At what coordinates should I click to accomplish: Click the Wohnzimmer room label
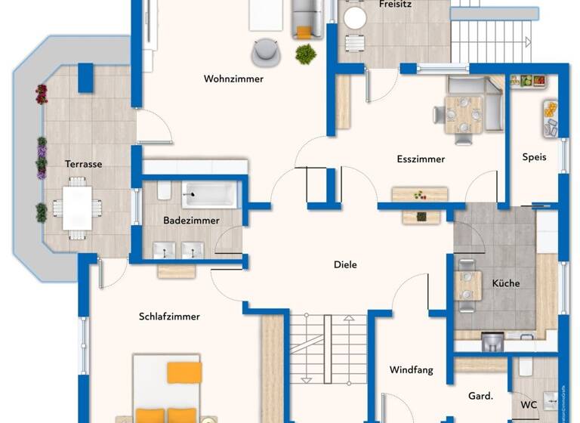coord(233,79)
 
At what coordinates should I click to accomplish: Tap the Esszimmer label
coord(421,159)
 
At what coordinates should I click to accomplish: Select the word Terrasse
coord(83,164)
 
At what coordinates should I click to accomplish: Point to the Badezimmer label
coord(191,221)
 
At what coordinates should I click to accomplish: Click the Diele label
coord(345,265)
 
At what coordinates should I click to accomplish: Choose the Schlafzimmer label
coord(169,316)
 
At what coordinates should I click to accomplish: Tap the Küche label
coord(506,283)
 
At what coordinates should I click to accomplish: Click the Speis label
coord(534,158)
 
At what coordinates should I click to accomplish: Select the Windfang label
coord(411,370)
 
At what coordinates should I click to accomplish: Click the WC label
coord(529,404)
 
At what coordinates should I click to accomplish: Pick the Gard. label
coord(480,396)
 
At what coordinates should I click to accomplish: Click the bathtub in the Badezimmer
coord(209,194)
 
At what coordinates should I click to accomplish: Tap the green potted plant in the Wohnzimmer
coord(306,54)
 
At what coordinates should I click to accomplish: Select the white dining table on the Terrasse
coord(77,208)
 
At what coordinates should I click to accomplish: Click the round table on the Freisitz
coord(354,17)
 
